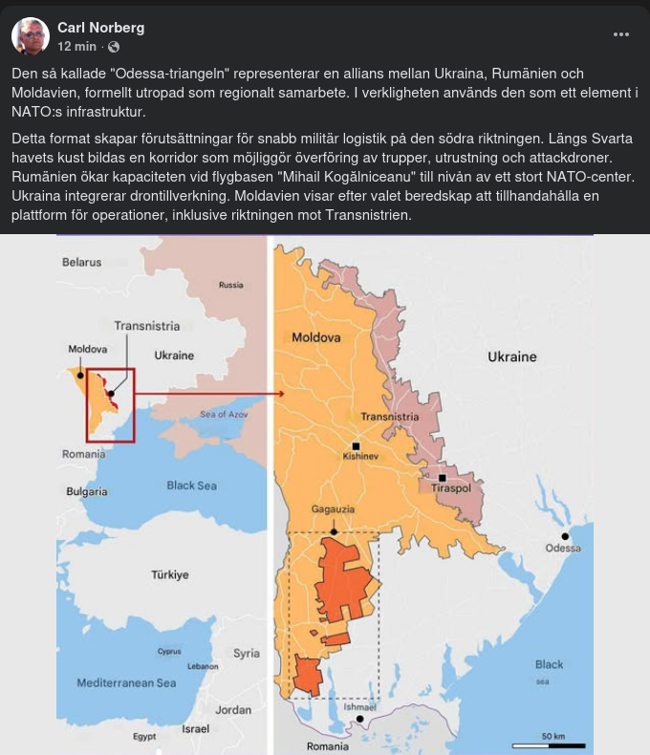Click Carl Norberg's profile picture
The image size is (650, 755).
pos(31,36)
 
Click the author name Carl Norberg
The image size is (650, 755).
pos(101,27)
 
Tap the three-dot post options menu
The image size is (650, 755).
pos(621,35)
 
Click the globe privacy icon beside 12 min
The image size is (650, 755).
pos(114,46)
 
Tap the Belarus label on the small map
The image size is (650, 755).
pos(81,262)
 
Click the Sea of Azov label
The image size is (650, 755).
pos(226,414)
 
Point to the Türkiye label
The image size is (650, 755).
pos(169,575)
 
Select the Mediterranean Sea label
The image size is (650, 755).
pos(126,683)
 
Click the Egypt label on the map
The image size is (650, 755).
pos(144,737)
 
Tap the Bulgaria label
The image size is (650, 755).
pos(86,491)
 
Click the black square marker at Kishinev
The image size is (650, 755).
pos(357,445)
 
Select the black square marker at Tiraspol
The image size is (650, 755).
pos(443,477)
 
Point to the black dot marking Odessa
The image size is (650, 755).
pos(565,536)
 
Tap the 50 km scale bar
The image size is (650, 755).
pos(552,744)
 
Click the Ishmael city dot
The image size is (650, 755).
pos(359,719)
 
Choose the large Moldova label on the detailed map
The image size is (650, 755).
pos(315,337)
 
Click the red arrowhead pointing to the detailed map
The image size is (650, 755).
pos(280,393)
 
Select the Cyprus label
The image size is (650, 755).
pos(169,652)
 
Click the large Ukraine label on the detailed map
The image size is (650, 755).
pos(512,356)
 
